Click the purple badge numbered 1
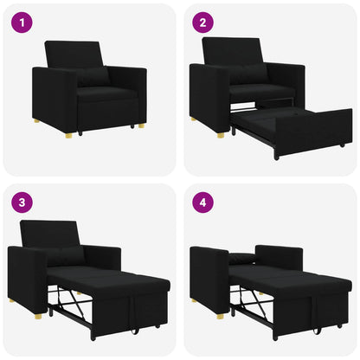click(22, 22)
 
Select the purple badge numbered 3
click(22, 202)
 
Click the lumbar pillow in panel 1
click(92, 76)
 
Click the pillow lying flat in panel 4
click(245, 258)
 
